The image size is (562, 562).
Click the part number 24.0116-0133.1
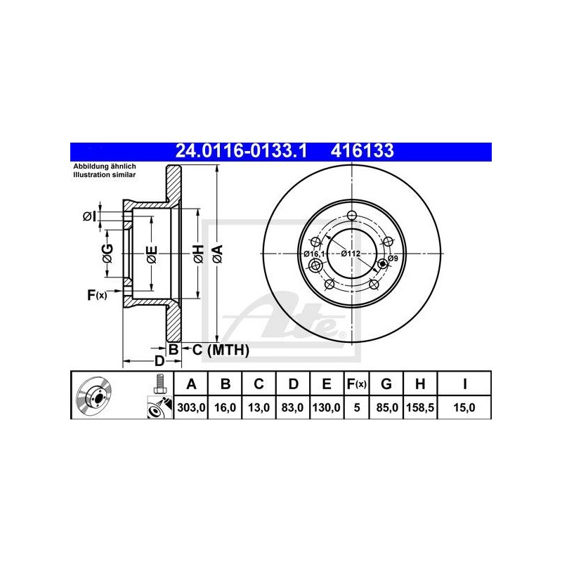pos(241,151)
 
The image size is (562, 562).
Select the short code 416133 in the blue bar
pos(362,151)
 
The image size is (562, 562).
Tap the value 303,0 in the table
pos(191,407)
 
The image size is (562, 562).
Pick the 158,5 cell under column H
pos(420,407)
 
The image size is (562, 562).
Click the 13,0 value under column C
pos(259,407)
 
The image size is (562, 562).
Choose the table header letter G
pos(386,384)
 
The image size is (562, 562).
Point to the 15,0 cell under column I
pos(464,407)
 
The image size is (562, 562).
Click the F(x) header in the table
pos(356,384)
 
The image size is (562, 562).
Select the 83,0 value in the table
pos(292,407)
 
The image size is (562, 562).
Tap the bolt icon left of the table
pos(159,384)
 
